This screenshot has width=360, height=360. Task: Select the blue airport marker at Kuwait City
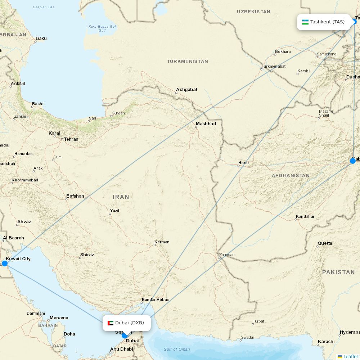coord(5,264)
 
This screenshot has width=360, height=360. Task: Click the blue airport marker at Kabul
coord(353,161)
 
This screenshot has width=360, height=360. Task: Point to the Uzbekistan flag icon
coord(305,22)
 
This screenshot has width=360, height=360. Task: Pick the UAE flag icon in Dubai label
coord(111,323)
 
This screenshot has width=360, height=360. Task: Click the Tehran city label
coord(71,139)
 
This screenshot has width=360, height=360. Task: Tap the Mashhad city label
coord(206,124)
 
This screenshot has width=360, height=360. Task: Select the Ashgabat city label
coord(186,90)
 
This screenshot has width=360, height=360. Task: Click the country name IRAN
coord(121,197)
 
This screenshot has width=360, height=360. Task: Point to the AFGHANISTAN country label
coord(291,176)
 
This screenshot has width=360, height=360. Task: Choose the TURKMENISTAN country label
coord(187,62)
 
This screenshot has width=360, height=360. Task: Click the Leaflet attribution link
coord(350,356)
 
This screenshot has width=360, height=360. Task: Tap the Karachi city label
coord(326,341)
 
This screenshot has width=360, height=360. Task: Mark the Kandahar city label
coord(305,217)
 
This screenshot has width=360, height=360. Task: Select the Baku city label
coord(41,39)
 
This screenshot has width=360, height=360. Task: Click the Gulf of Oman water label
coord(176,349)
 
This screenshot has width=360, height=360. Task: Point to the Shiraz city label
coord(87,255)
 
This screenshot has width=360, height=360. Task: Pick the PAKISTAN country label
coord(338,272)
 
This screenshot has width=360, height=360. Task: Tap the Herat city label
coord(243,163)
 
